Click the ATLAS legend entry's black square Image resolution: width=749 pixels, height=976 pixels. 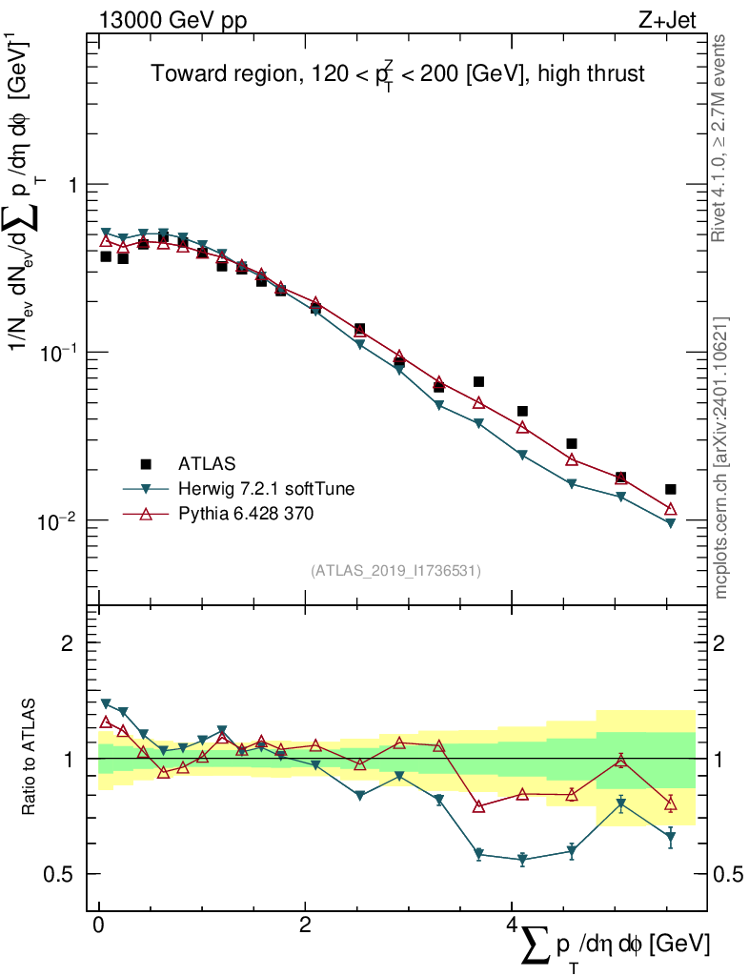tap(146, 464)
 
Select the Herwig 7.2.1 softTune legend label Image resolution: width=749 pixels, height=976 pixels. tap(266, 489)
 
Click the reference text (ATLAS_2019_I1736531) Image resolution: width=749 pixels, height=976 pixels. tap(395, 571)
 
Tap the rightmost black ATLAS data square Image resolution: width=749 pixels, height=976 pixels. tap(671, 489)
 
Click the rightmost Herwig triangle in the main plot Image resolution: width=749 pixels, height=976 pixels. tap(671, 523)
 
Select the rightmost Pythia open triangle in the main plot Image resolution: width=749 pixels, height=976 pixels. tap(671, 509)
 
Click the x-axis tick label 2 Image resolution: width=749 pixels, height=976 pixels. tap(305, 925)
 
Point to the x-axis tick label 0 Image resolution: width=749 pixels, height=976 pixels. tap(98, 925)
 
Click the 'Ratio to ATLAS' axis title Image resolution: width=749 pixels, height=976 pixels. tap(30, 758)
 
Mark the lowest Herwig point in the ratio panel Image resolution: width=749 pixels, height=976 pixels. tap(522, 860)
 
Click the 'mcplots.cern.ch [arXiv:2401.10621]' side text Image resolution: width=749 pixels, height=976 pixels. tap(721, 457)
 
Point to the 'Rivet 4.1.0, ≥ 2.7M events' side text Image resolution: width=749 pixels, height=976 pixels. tap(721, 138)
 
